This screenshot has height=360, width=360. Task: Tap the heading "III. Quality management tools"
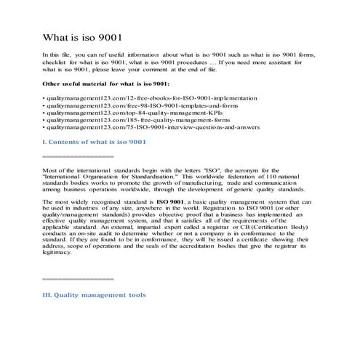95,295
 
